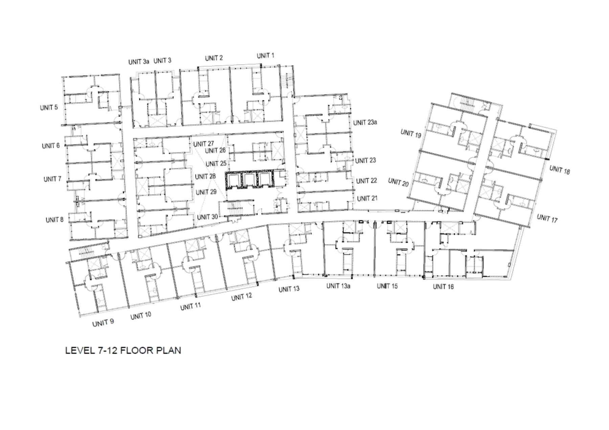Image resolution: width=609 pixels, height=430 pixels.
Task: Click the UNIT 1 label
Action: click(x=266, y=56)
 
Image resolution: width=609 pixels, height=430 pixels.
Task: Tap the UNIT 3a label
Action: click(x=139, y=62)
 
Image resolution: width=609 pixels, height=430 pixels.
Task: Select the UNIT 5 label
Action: click(x=49, y=107)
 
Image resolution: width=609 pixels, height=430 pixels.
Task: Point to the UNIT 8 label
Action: click(x=54, y=220)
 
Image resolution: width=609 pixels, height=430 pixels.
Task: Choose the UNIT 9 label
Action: click(x=103, y=323)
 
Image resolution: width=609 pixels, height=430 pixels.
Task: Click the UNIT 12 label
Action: click(x=242, y=297)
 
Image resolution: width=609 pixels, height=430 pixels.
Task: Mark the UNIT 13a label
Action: click(x=338, y=286)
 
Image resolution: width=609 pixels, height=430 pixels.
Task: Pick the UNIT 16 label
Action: click(x=443, y=287)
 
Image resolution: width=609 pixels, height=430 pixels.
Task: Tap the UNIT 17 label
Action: click(x=547, y=218)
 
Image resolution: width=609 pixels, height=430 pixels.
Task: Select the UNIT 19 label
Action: click(x=411, y=134)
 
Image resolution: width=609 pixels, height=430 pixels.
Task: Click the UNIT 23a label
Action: click(x=365, y=122)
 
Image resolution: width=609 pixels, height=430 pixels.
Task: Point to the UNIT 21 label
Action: click(x=367, y=198)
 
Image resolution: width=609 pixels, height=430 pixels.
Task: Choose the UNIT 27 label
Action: click(x=204, y=144)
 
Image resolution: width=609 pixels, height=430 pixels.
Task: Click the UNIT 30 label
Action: click(x=207, y=217)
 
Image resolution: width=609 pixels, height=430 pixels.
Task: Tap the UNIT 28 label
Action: click(x=205, y=176)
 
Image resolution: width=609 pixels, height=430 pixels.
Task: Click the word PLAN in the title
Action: click(x=168, y=350)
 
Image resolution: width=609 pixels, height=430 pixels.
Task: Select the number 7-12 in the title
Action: click(x=108, y=350)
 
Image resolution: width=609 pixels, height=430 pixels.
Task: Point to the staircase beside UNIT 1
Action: click(x=287, y=81)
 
